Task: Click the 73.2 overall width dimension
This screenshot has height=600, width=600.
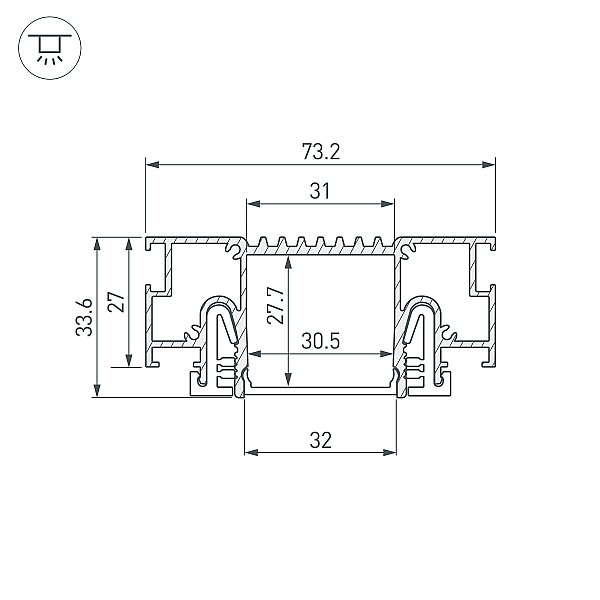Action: [321, 152]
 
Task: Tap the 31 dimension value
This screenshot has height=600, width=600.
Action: [320, 191]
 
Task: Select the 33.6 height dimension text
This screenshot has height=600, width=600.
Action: [84, 317]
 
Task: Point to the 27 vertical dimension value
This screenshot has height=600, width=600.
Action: [116, 302]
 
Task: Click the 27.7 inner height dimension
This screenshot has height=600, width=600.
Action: [276, 305]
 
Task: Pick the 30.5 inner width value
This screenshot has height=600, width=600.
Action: [320, 341]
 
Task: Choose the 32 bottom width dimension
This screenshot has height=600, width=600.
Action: [320, 440]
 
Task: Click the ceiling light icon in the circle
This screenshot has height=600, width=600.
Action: [50, 48]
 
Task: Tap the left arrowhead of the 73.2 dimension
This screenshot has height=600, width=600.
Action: [153, 165]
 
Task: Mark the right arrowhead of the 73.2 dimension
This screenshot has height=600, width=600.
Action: [488, 165]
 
